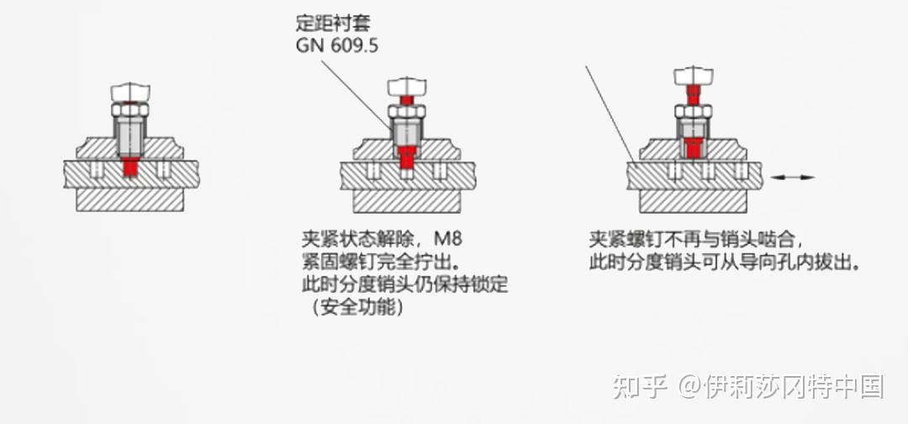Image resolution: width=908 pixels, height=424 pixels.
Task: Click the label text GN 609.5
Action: click(x=336, y=45)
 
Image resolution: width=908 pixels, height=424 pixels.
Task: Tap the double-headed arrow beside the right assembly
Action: click(x=794, y=177)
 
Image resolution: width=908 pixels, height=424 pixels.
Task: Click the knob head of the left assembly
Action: click(x=130, y=91)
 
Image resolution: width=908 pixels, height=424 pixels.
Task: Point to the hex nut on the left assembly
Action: click(x=130, y=109)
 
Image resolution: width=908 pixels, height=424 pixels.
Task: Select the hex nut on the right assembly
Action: click(x=693, y=111)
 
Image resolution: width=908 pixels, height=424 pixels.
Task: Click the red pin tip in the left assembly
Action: click(x=130, y=167)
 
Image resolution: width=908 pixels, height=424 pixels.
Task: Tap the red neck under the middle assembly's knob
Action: click(x=406, y=100)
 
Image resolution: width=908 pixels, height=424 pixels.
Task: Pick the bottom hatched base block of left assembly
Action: click(x=130, y=199)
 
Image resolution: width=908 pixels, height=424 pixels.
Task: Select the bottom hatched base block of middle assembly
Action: click(x=406, y=201)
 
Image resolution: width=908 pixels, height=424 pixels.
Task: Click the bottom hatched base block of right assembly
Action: click(x=693, y=201)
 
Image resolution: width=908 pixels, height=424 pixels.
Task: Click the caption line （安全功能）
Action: click(x=357, y=308)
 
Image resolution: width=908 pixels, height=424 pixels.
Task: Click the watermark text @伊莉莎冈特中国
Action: click(x=781, y=386)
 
